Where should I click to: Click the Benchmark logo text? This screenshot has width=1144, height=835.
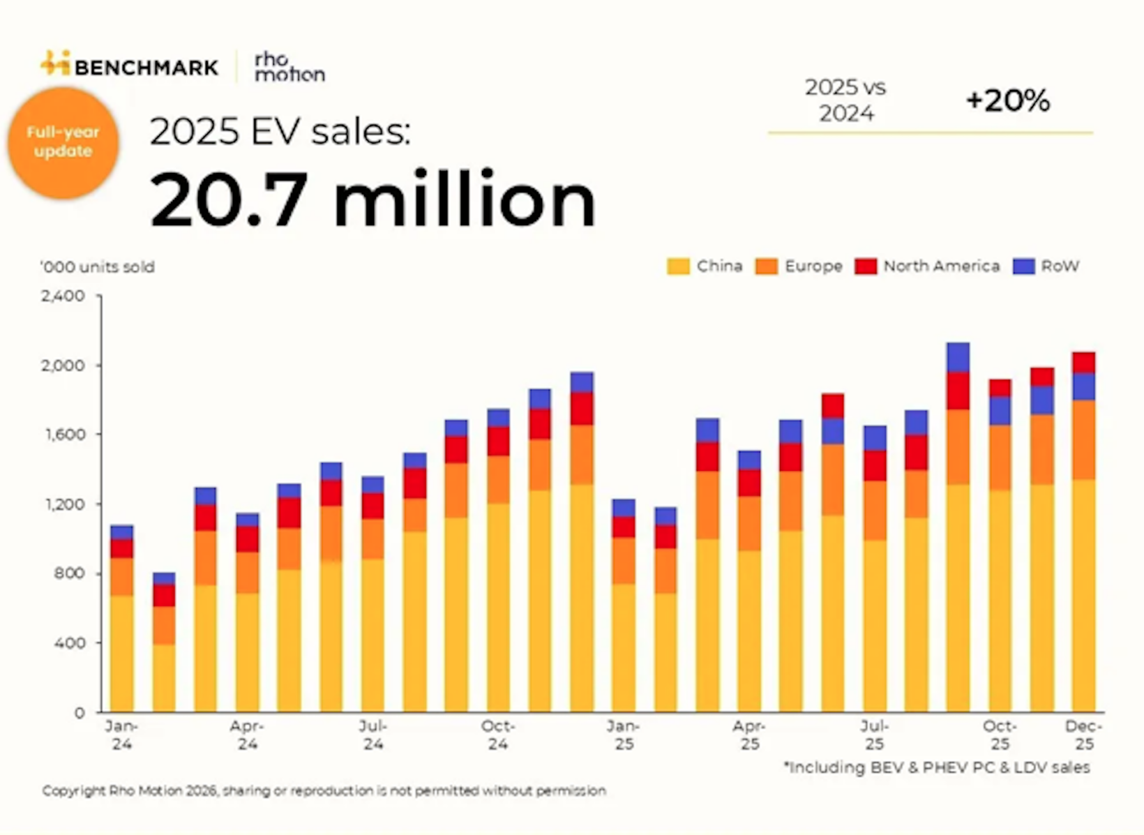pos(146,67)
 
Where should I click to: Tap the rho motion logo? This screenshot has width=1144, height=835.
pos(289,67)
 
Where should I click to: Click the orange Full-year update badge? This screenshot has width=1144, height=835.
pos(63,142)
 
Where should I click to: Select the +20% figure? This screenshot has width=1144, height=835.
pos(1007,101)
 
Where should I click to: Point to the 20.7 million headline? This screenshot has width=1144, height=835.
pos(372,200)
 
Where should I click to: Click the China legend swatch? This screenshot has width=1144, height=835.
pos(678,266)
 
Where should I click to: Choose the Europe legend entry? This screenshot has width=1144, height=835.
pos(799,266)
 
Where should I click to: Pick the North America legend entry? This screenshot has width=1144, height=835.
pos(928,266)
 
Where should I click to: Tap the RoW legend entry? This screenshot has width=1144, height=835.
pos(1046,266)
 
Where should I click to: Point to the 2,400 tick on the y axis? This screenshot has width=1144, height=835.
pos(63,296)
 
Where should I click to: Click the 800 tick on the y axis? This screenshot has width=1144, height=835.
pos(70,573)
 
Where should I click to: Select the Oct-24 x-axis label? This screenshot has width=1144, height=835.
pos(497,735)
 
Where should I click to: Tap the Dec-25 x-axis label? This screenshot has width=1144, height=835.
pos(1083,735)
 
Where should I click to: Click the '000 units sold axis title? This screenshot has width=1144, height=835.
pos(98,267)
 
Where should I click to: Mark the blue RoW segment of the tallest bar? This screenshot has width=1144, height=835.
pos(958,357)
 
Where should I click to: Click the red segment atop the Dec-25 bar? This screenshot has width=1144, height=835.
pos(1083,363)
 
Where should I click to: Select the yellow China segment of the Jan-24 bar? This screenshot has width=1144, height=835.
pos(122,652)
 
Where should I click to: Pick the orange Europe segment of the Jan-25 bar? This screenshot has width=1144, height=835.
pos(624,560)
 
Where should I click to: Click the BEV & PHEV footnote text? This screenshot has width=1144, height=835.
pos(937,767)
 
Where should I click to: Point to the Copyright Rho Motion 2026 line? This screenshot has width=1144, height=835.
pos(324,790)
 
